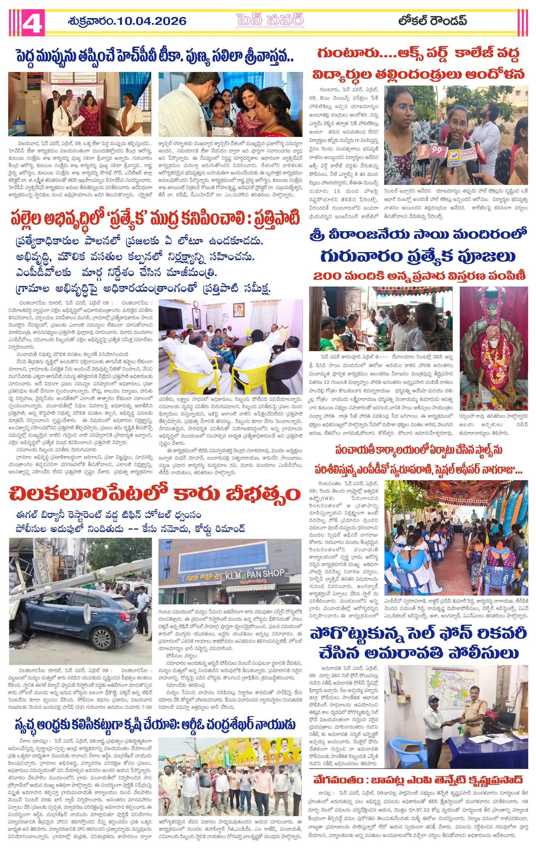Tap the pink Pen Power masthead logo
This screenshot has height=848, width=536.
(x=270, y=20)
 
